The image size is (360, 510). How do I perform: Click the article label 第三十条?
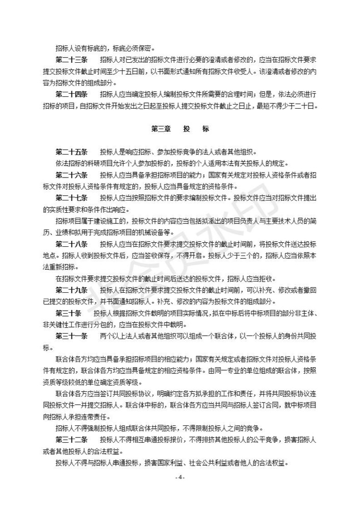pyautogui.click(x=69, y=313)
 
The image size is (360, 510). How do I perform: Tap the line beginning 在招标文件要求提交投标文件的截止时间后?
pyautogui.click(x=166, y=278)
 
